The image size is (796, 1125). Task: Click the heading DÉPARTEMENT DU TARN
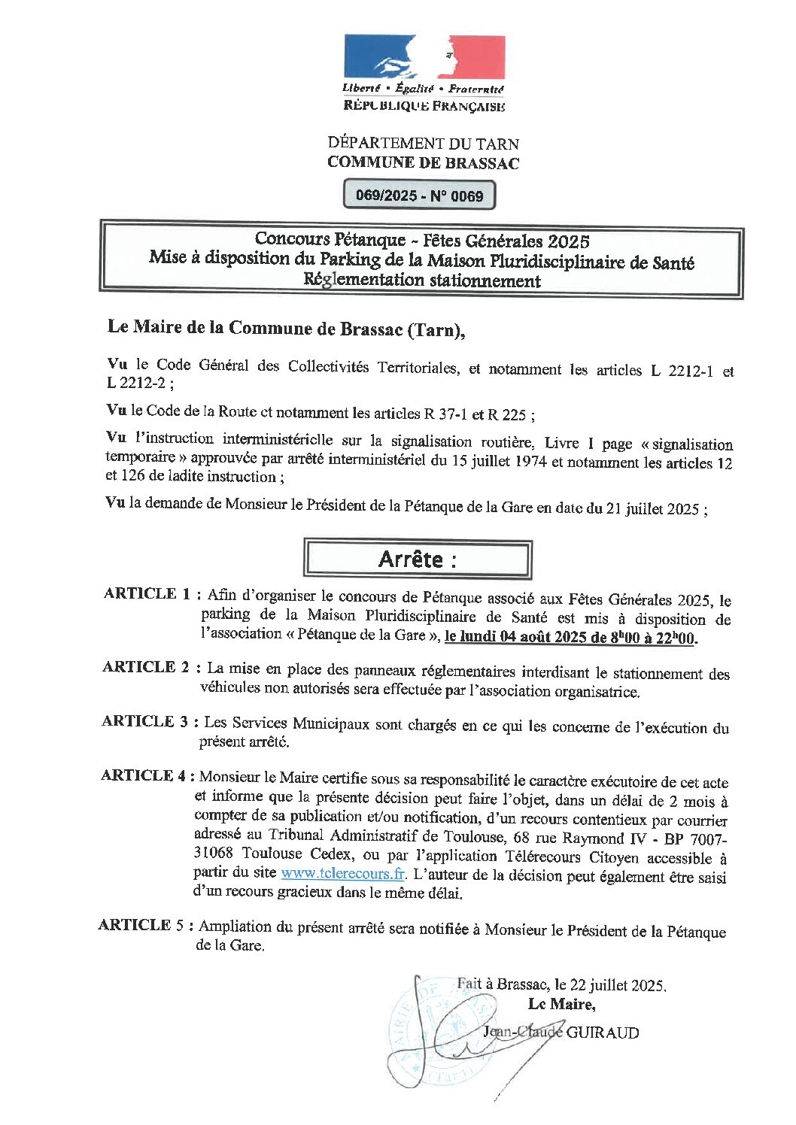point(423,143)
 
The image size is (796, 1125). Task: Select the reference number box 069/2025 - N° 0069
point(420,196)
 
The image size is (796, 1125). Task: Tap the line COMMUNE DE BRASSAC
point(423,162)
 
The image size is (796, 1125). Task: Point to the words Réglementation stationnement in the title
point(421,280)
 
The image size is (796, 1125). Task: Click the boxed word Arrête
point(418,559)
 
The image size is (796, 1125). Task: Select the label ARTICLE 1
point(147,593)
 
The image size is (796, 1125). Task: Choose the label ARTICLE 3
point(145,721)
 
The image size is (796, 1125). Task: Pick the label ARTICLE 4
point(144,775)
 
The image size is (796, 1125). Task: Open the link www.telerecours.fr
point(343,874)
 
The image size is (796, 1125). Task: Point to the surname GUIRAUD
point(602,1033)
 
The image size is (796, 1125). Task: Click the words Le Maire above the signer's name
point(561,1004)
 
